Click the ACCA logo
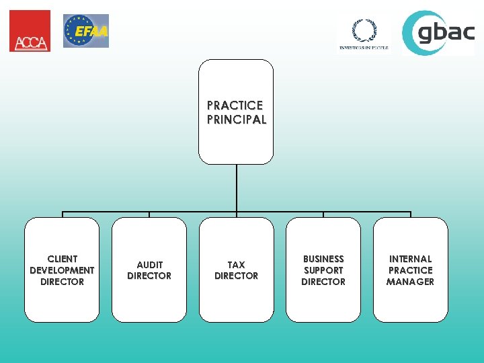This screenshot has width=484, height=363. click(x=30, y=31)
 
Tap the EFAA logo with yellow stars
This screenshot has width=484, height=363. click(x=86, y=31)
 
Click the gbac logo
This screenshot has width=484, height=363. click(x=438, y=32)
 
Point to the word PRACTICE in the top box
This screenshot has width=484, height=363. click(x=235, y=106)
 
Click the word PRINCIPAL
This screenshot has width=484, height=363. click(x=237, y=120)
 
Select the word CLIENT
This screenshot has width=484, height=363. click(x=62, y=259)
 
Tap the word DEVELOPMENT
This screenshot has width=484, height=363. click(x=62, y=270)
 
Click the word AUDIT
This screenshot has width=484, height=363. click(x=149, y=265)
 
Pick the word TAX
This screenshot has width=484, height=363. click(x=236, y=265)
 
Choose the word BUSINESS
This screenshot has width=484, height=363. click(x=323, y=259)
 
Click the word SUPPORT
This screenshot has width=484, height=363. click(x=323, y=270)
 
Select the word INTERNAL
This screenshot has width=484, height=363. click(x=410, y=259)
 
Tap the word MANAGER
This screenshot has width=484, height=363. click(x=410, y=282)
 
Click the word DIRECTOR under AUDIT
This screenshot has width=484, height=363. click(x=149, y=276)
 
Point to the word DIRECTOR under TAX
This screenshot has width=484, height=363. click(x=236, y=276)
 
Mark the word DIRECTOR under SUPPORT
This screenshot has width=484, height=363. click(x=323, y=282)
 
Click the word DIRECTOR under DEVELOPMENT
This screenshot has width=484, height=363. click(x=62, y=282)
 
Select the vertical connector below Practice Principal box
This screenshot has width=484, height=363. click(x=237, y=188)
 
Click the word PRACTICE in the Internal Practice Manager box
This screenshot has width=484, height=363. click(x=410, y=270)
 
